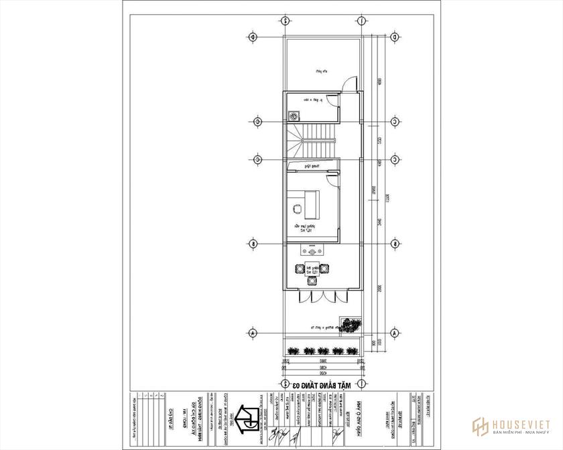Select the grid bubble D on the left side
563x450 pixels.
pos(252,37)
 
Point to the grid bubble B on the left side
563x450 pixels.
pos(252,244)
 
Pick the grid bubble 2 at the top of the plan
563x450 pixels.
pos(286,21)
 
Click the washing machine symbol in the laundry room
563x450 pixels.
pos(294,115)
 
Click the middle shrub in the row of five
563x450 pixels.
pos(323,350)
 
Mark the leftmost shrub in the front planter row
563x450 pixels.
pos(292,350)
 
